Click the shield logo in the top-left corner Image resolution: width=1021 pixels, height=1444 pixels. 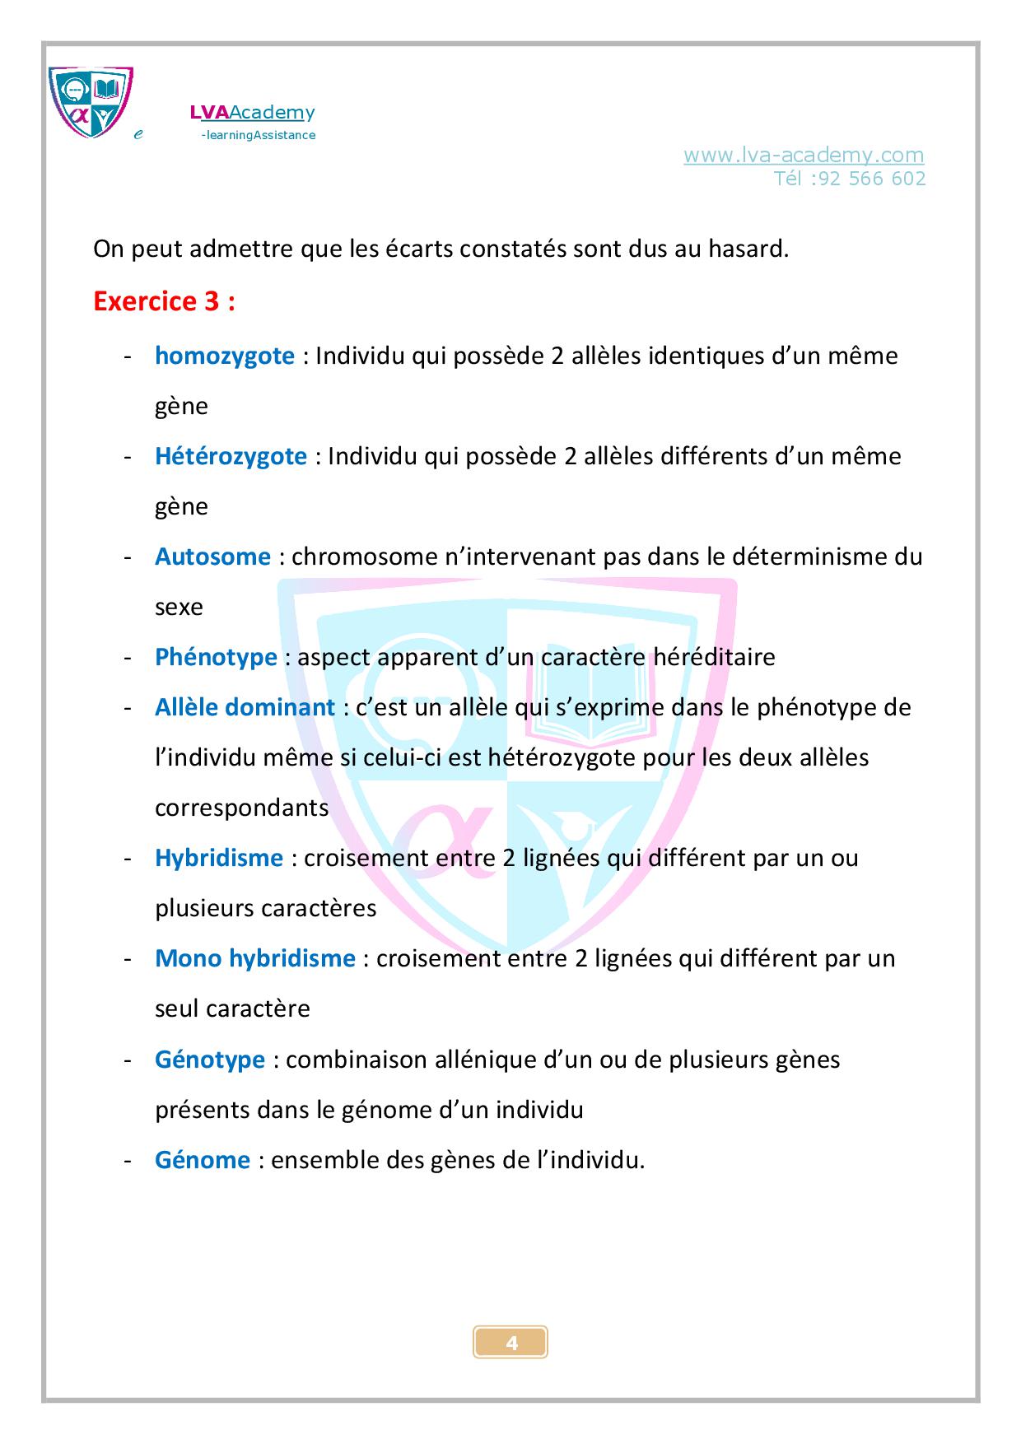(x=91, y=102)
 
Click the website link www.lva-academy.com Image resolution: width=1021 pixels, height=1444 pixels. (x=803, y=155)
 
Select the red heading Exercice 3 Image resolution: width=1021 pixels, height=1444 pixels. (x=164, y=302)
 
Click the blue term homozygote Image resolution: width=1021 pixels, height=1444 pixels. (x=224, y=356)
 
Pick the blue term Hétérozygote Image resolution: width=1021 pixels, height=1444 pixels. (x=231, y=456)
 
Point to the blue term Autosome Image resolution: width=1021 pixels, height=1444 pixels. (x=212, y=557)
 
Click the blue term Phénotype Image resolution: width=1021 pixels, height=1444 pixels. (x=216, y=657)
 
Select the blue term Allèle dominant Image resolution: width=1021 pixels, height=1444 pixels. (x=245, y=707)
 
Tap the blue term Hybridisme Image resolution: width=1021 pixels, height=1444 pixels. (x=219, y=858)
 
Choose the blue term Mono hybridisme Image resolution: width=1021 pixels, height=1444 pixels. (x=254, y=958)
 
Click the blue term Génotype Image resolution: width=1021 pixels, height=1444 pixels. (x=210, y=1060)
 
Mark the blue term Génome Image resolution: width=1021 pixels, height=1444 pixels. (x=202, y=1160)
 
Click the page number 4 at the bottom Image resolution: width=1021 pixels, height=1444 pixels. (x=511, y=1343)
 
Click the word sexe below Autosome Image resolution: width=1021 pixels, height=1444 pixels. (x=179, y=608)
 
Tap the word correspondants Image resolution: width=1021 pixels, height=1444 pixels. (x=242, y=808)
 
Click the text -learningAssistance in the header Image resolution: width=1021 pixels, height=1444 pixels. (x=258, y=135)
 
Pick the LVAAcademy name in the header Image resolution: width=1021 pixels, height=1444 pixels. (x=252, y=113)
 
